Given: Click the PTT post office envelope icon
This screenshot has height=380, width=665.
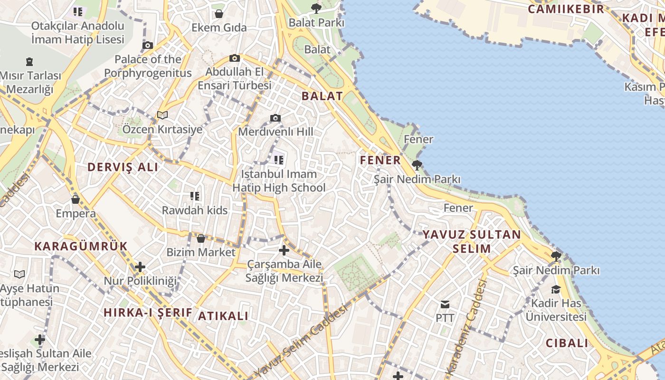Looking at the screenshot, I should click(x=445, y=304).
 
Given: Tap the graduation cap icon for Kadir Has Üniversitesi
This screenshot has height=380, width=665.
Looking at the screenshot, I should click(x=556, y=289).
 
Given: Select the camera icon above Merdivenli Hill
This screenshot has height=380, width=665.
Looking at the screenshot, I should click(x=275, y=118).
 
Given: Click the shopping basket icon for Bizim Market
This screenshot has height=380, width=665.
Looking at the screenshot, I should click(x=201, y=238).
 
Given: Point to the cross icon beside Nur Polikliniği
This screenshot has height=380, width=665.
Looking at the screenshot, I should click(x=140, y=267).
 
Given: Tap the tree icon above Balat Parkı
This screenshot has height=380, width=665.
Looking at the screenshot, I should click(x=316, y=8).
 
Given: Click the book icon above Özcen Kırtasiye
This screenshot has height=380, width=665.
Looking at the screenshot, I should click(x=162, y=115).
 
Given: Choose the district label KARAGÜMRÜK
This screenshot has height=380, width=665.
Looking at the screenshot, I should click(x=81, y=246).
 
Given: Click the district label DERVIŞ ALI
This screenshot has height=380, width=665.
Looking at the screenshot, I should click(x=123, y=167).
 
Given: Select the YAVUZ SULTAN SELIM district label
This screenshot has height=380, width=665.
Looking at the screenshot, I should click(x=472, y=241).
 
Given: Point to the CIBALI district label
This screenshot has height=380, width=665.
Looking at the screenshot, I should click(x=567, y=343).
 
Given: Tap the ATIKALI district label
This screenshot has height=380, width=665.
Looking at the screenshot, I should click(x=223, y=316).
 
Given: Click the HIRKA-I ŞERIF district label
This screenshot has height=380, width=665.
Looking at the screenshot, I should click(x=148, y=312).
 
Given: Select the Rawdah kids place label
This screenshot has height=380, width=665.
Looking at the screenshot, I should click(x=195, y=210).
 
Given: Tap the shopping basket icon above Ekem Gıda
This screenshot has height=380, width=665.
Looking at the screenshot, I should click(x=219, y=14).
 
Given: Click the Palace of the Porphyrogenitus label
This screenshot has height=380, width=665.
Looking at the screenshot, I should click(x=148, y=66).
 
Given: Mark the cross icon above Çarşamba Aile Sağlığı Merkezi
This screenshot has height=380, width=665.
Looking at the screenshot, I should click(x=284, y=250).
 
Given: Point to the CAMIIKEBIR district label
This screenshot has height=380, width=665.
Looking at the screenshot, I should click(x=566, y=9).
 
